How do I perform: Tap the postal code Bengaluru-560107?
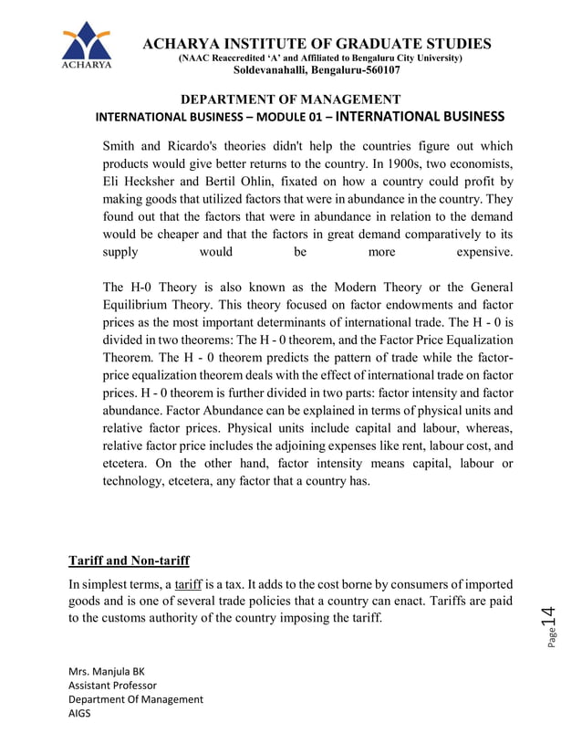click(x=346, y=70)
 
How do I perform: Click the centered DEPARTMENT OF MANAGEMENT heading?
click(x=291, y=99)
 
